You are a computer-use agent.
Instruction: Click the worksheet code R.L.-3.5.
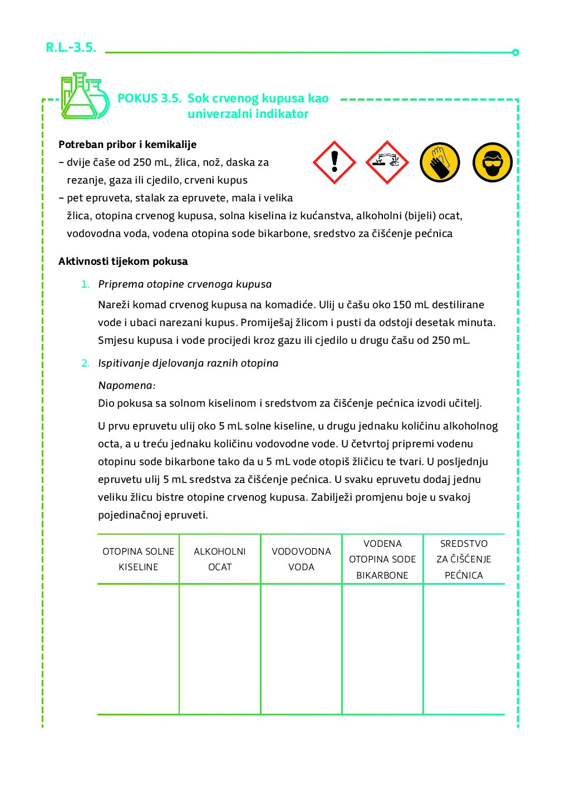(x=71, y=47)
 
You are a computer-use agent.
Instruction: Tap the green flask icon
(x=84, y=96)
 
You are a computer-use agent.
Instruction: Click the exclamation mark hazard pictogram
(x=334, y=162)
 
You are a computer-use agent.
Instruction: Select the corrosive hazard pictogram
(x=387, y=162)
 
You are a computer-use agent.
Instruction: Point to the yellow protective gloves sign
(x=440, y=162)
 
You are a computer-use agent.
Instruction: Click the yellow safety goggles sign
(x=492, y=162)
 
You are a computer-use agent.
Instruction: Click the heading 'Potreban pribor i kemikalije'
(x=127, y=145)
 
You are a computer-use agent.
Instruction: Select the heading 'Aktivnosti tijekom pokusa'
(x=123, y=261)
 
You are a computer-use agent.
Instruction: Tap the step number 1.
(x=85, y=284)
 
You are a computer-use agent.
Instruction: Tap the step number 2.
(x=85, y=363)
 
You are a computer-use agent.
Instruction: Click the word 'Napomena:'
(x=127, y=386)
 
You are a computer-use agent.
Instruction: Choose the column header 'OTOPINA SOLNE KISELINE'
(x=139, y=559)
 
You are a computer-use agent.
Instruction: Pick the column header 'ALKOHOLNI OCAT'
(x=220, y=559)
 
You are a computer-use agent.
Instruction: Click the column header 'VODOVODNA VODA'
(x=301, y=559)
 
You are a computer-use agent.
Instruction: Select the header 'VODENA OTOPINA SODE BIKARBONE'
(x=382, y=559)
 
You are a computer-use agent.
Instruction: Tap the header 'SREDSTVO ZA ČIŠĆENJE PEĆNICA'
(x=464, y=559)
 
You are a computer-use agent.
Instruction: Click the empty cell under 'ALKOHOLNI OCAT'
(x=220, y=649)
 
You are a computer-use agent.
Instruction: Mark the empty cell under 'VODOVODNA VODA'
(x=301, y=649)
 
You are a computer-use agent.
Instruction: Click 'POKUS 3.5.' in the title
(x=149, y=98)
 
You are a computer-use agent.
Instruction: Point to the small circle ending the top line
(x=515, y=52)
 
